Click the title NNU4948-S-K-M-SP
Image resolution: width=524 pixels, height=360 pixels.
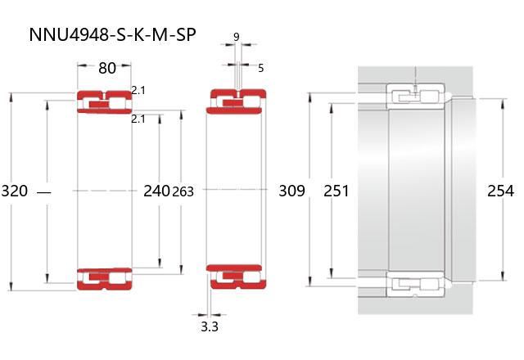(112, 35)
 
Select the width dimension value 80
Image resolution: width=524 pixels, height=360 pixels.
(107, 68)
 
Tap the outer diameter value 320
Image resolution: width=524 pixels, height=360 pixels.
(15, 191)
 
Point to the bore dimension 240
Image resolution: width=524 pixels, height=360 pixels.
(156, 191)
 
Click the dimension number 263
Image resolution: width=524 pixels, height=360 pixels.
(183, 191)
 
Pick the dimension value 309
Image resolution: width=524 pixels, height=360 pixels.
(291, 191)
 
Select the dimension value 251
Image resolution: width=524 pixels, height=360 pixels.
(336, 191)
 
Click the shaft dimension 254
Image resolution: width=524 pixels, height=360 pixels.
(500, 191)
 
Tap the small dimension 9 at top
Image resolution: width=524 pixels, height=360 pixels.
(237, 37)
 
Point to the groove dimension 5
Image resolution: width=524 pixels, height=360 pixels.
(261, 68)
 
